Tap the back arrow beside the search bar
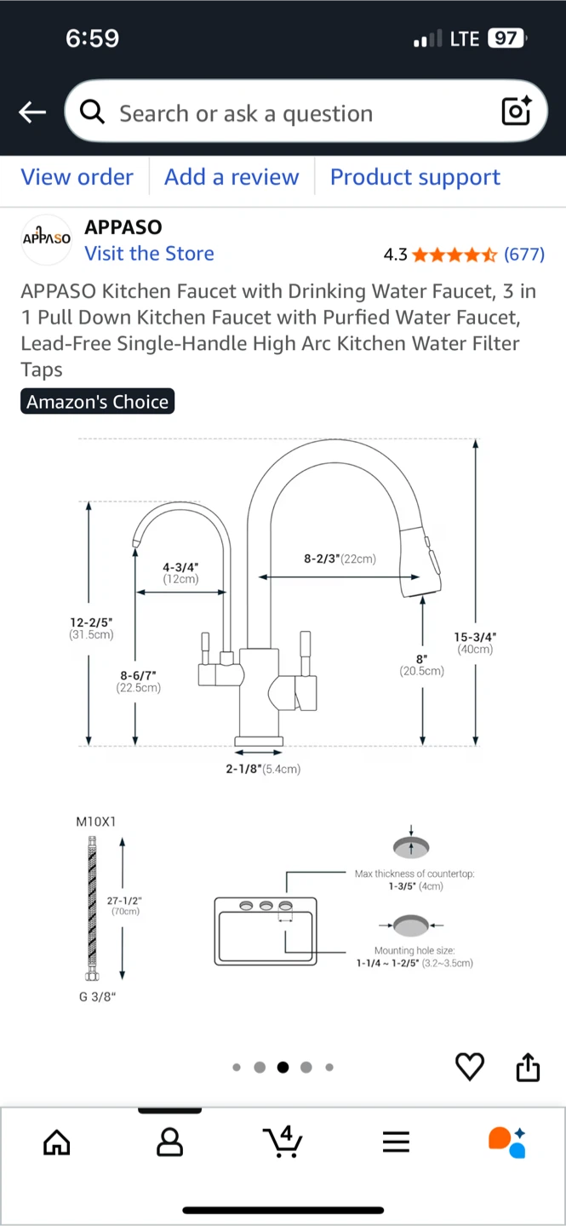pos(32,112)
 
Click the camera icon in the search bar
pos(516,112)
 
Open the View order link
pos(77,177)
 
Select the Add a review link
pos(232,177)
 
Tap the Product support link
pos(414,177)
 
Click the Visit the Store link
pos(149,254)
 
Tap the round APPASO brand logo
pos(46,239)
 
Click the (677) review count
pos(524,255)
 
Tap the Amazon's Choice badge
pos(97,402)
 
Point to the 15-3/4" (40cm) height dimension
pos(475,643)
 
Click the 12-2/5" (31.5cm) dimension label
pos(91,628)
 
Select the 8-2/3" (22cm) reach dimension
pos(340,559)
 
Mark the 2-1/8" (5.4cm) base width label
pos(262,769)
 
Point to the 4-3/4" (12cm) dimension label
pos(180,573)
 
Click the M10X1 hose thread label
pos(95,822)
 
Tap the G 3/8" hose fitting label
pos(97,996)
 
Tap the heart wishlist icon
pos(470,1067)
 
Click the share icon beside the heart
pos(528,1067)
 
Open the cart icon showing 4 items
pos(283,1142)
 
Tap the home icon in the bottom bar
pos(57,1143)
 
